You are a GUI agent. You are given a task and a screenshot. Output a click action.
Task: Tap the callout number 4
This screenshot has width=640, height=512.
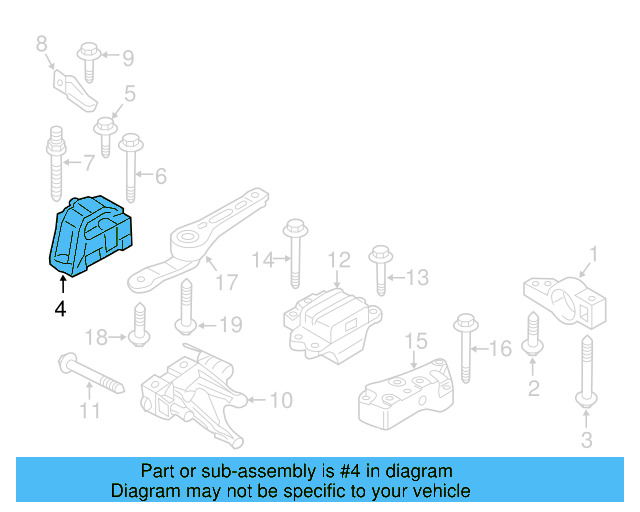tap(60, 310)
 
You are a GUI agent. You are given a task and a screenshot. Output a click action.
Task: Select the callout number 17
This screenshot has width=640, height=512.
tap(228, 283)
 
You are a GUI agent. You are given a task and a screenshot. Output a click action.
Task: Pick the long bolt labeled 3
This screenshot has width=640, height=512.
tap(585, 370)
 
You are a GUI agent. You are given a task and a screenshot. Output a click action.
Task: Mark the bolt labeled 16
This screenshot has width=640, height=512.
tap(465, 350)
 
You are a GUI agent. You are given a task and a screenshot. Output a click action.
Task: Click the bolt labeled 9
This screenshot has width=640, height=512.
tap(89, 59)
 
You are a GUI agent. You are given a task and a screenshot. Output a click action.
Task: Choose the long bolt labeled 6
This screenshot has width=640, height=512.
tap(130, 170)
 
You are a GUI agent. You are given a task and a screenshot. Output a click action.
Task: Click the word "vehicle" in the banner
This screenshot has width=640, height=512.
tap(439, 491)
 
